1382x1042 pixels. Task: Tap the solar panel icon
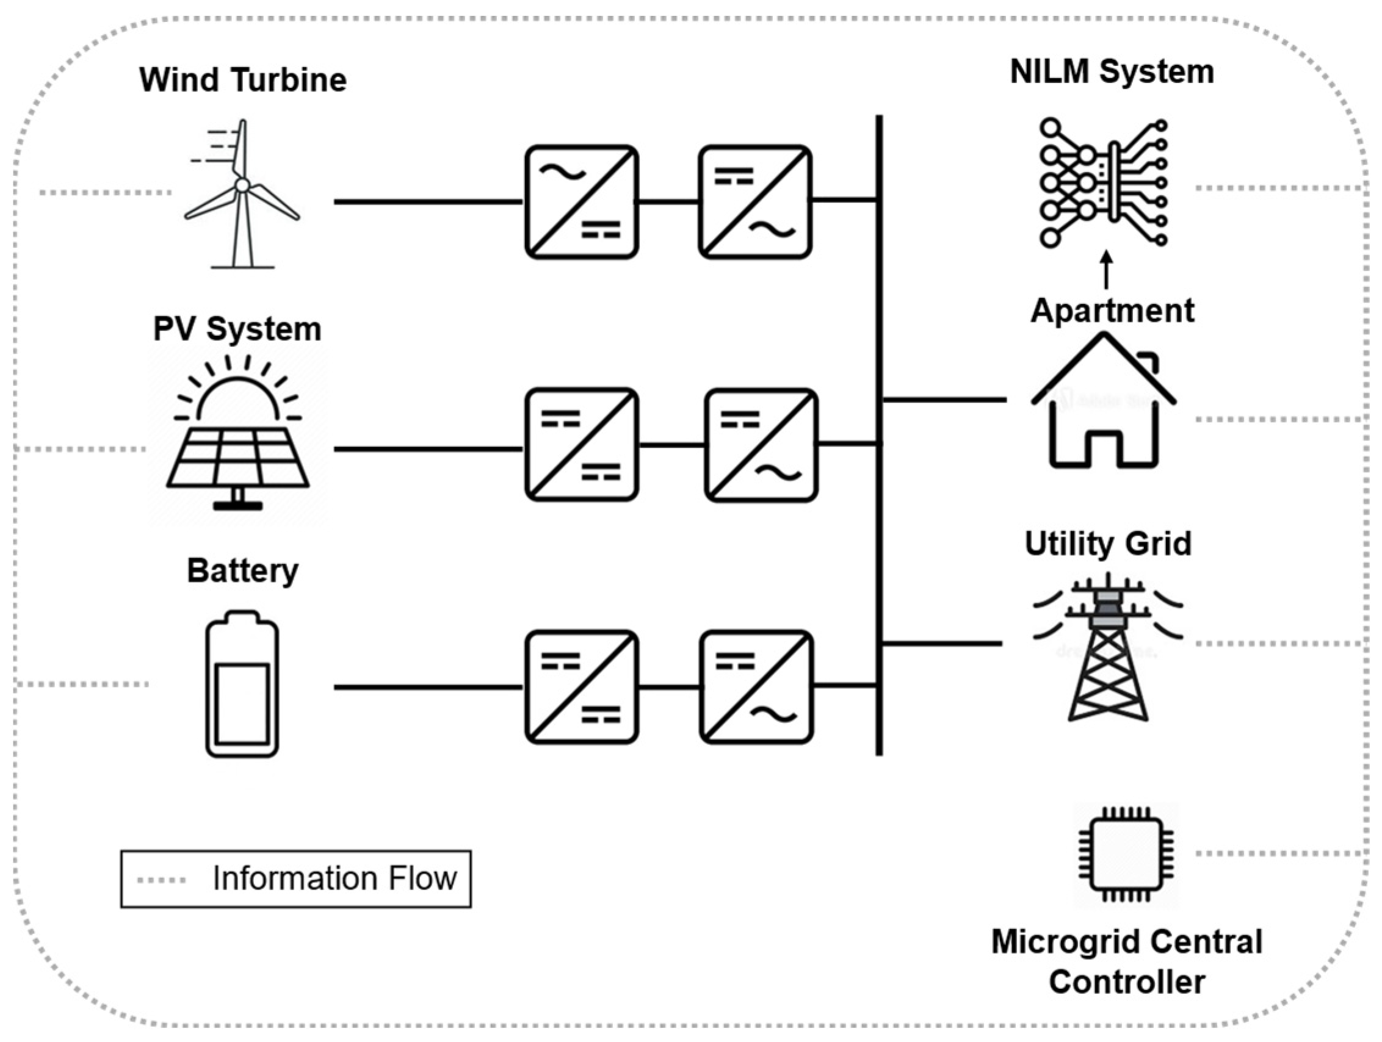point(237,437)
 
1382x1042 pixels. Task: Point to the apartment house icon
point(1104,403)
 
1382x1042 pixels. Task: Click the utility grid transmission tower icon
point(1108,649)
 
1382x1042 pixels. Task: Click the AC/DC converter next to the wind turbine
point(581,202)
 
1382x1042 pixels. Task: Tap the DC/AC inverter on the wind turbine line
point(754,202)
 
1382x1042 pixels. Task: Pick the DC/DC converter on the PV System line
point(581,445)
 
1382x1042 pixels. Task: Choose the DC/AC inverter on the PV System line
point(761,445)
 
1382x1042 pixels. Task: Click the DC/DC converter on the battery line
point(581,687)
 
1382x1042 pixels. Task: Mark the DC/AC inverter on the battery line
point(756,687)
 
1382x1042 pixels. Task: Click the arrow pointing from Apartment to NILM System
point(1107,270)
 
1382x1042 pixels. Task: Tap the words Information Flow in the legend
point(335,879)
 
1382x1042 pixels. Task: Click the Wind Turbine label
point(242,80)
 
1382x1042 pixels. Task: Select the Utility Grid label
point(1108,543)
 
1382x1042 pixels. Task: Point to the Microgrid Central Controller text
point(1126,961)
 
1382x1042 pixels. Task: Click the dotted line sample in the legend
point(161,880)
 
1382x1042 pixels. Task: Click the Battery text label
point(242,570)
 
